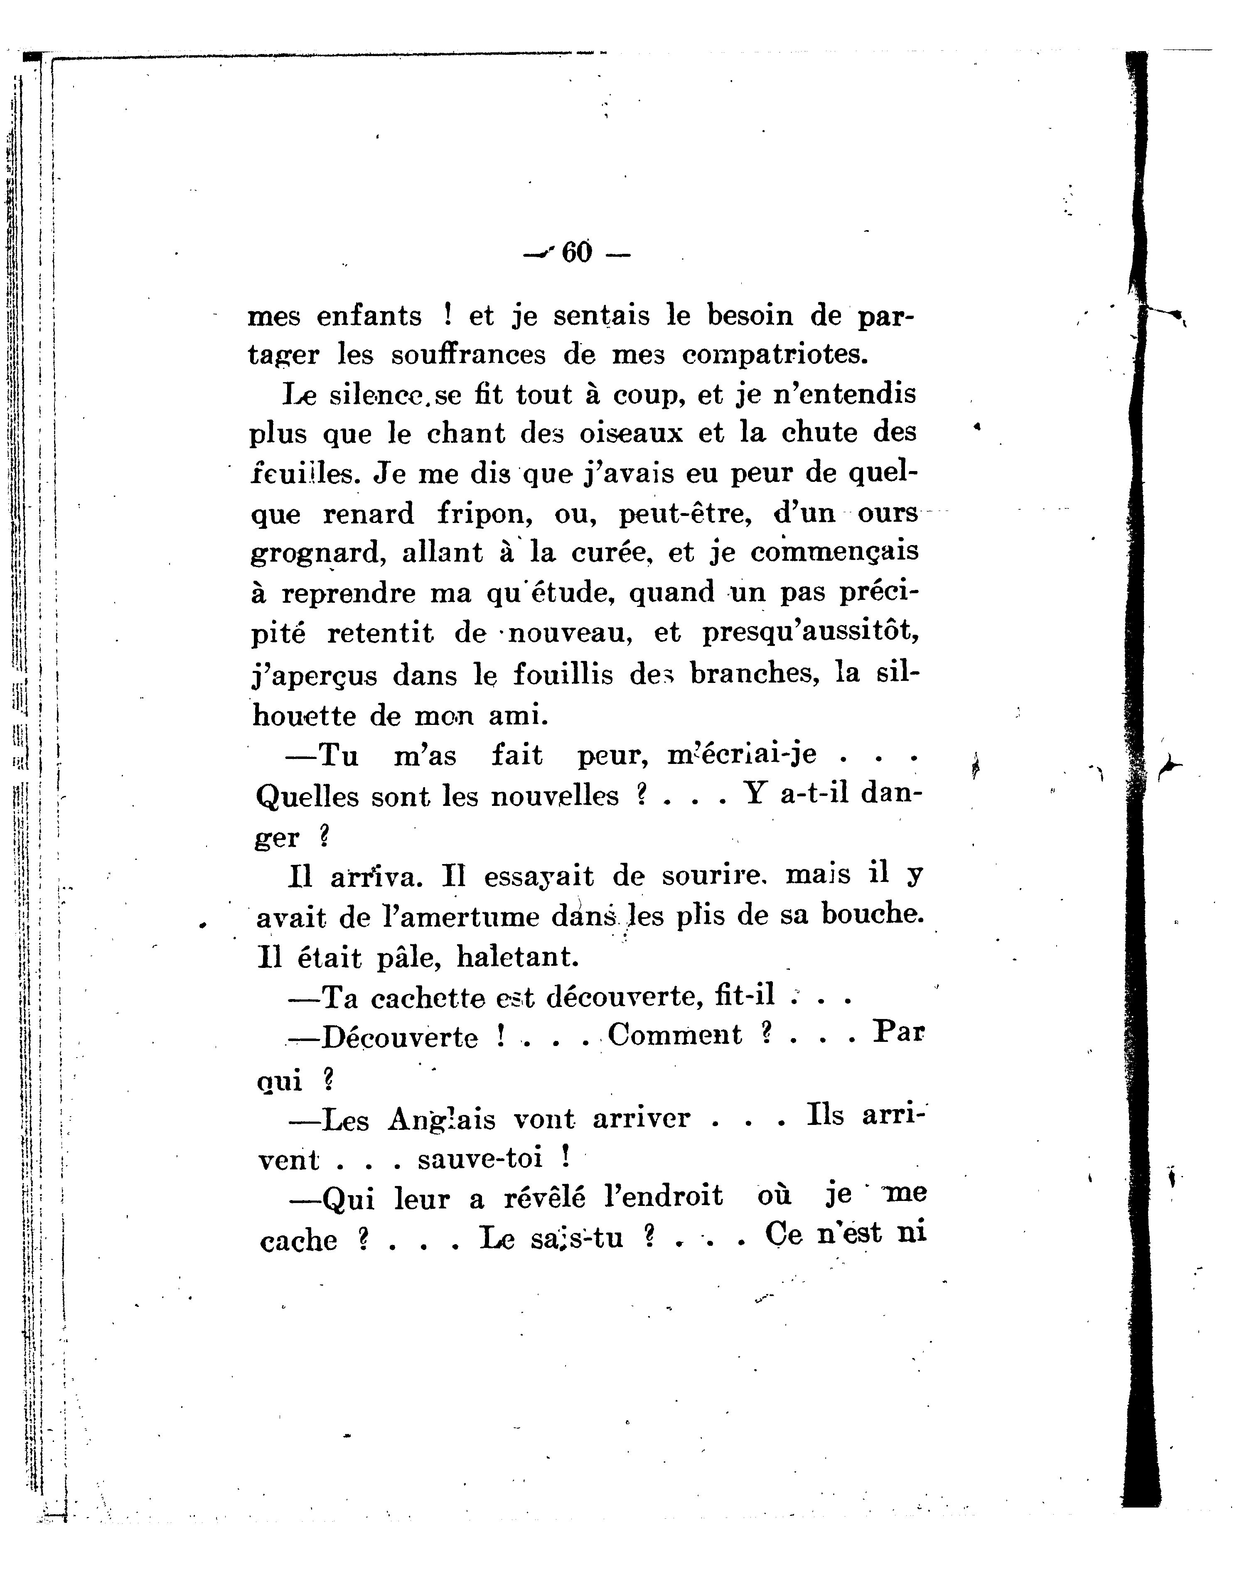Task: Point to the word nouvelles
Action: pyautogui.click(x=554, y=796)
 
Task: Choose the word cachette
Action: pyautogui.click(x=427, y=999)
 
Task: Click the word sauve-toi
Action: pyautogui.click(x=480, y=1159)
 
